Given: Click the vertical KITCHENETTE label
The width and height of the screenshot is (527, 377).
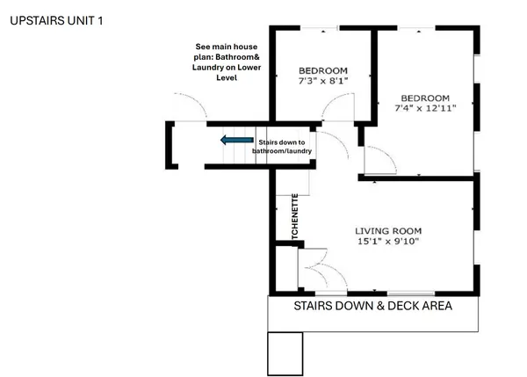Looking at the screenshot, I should click(x=296, y=216).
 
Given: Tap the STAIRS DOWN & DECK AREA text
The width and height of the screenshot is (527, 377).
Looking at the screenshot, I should click(x=373, y=307).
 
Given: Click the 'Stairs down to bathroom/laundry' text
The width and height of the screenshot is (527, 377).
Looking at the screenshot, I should click(x=281, y=147).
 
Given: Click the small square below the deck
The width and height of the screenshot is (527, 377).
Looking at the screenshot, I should click(x=285, y=353).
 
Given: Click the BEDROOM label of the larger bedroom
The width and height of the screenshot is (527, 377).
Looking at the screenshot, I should click(x=425, y=98).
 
